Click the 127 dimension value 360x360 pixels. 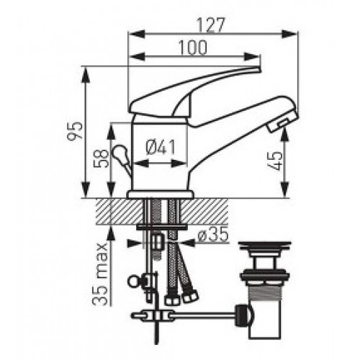click(210, 24)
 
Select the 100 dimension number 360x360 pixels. click(193, 48)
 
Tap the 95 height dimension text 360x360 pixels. click(75, 130)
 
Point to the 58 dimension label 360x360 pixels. click(102, 158)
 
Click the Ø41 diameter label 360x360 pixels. click(161, 147)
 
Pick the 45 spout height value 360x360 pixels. click(278, 161)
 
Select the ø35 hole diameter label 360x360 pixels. click(213, 234)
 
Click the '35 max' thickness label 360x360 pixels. click(100, 274)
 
